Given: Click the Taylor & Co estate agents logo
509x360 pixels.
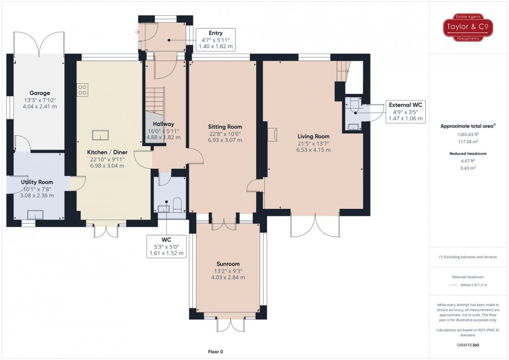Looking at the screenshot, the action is (468, 27).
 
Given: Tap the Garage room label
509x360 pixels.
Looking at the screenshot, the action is (40, 93).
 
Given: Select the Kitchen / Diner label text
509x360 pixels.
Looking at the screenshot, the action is (107, 152).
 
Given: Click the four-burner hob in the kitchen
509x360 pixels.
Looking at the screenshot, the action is (83, 90).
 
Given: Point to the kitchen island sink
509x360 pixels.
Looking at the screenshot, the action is (100, 135).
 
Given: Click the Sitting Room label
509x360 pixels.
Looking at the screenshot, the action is (225, 127).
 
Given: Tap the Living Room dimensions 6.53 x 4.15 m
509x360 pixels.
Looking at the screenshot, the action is (313, 150).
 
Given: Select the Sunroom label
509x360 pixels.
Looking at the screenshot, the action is (228, 264).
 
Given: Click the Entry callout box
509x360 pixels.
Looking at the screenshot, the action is (215, 40).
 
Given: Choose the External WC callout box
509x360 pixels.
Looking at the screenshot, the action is (406, 112).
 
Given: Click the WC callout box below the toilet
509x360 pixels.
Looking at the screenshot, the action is (166, 246).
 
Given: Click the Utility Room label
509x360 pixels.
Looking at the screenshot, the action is (37, 182).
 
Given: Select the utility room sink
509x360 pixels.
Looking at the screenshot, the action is (35, 215).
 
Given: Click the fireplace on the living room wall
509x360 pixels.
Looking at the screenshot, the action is (272, 134).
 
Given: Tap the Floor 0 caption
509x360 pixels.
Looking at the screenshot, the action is (215, 352).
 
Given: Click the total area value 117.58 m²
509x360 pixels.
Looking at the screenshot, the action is (468, 142).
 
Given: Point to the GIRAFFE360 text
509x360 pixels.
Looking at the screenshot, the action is (468, 345).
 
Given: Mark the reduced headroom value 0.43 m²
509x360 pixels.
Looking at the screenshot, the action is (468, 168).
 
